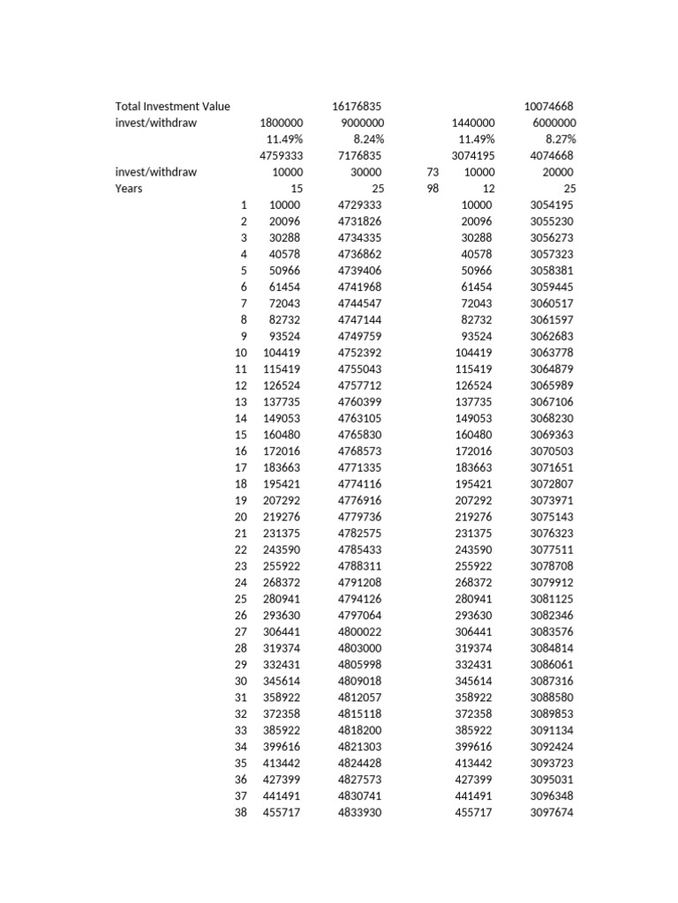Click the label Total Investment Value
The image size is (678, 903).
[x=172, y=106]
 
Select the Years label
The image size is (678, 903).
[x=129, y=189]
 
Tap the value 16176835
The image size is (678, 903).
[x=358, y=106]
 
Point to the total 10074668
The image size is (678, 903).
[x=550, y=106]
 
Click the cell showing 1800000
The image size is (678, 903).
[x=282, y=123]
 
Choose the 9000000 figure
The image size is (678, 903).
[x=361, y=123]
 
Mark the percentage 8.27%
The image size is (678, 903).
[x=560, y=139]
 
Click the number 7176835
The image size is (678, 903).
[x=359, y=155]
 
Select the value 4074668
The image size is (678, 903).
[x=552, y=155]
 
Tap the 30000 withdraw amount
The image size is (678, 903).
[x=366, y=172]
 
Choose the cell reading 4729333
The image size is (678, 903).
[x=359, y=205]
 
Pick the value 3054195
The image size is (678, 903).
[x=552, y=205]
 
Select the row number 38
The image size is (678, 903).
[x=241, y=813]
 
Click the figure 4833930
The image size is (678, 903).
[x=359, y=813]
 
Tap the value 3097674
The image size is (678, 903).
[x=552, y=813]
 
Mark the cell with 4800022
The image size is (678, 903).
[x=359, y=631]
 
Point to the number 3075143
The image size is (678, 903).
[x=552, y=517]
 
